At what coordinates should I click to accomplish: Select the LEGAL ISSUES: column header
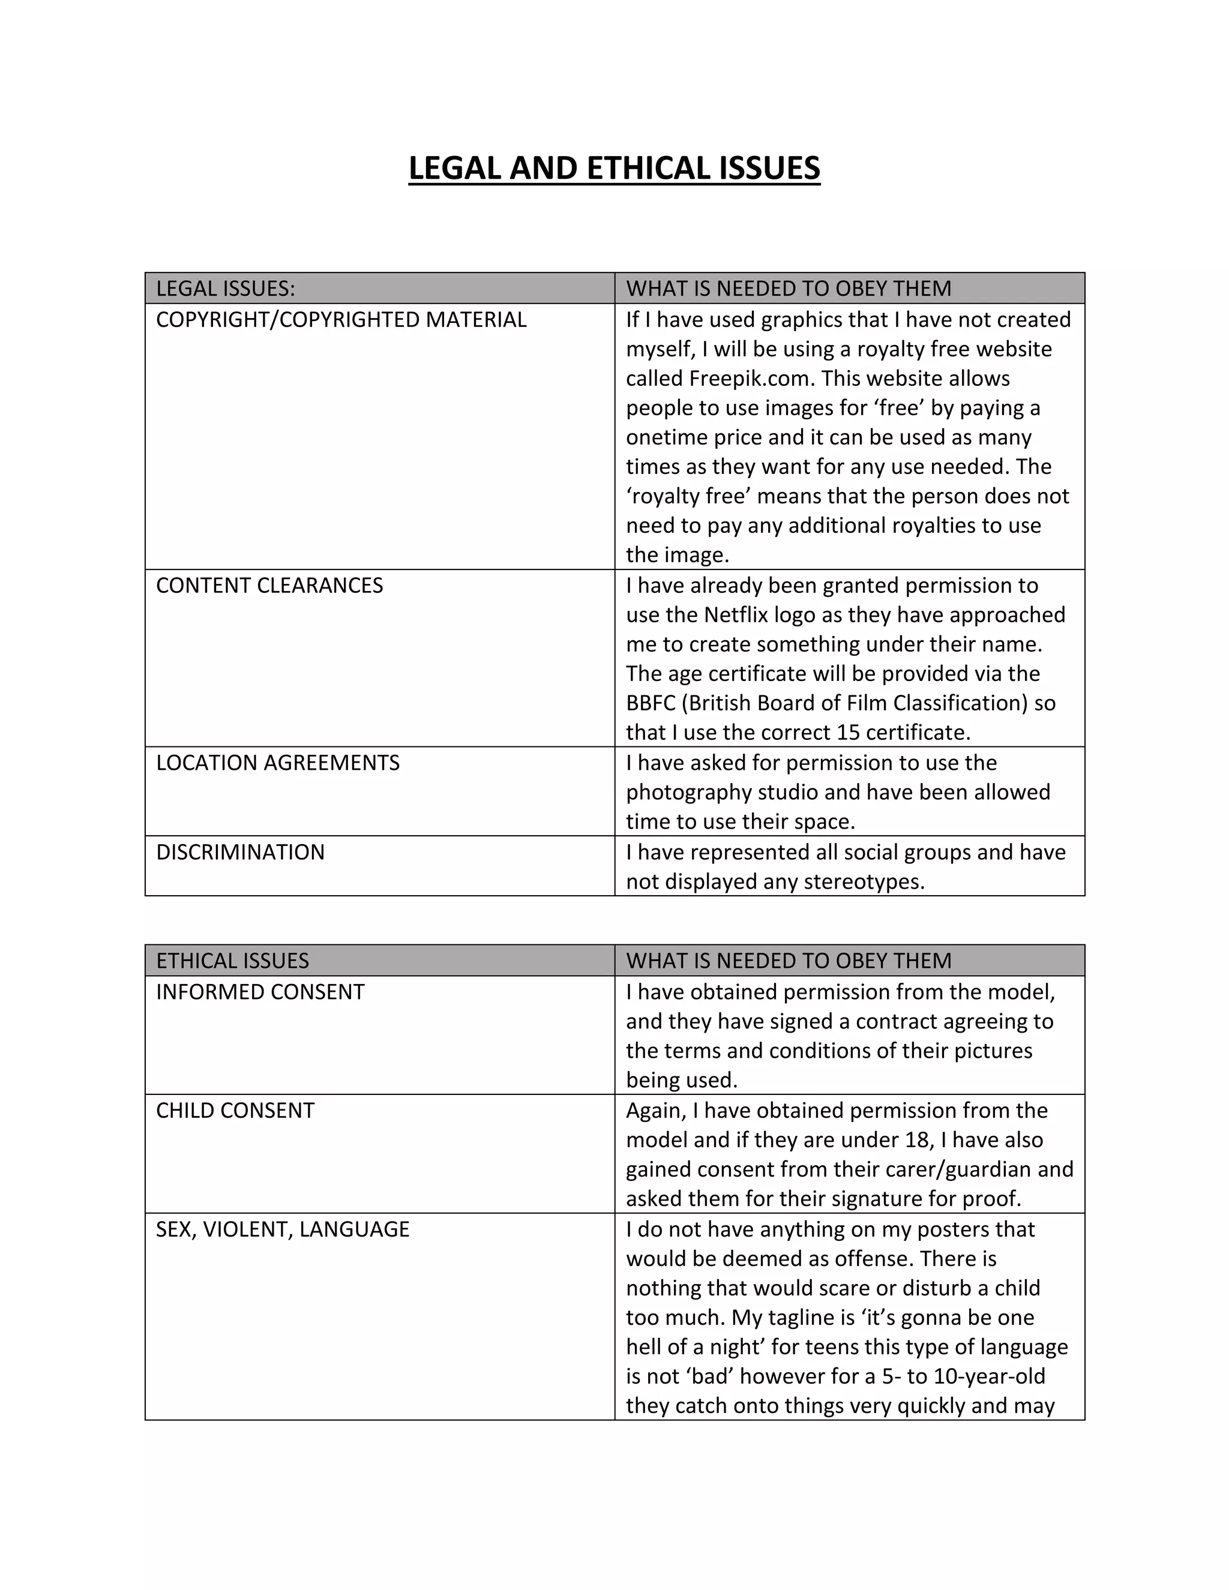click(x=226, y=288)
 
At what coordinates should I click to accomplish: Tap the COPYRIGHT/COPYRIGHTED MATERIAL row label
click(x=341, y=320)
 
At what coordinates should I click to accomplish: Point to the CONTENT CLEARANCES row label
click(x=269, y=586)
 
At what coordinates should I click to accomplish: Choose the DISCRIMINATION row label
click(x=240, y=852)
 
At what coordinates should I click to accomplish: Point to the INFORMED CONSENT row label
click(x=260, y=992)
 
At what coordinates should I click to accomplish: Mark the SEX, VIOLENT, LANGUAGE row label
click(x=283, y=1229)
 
